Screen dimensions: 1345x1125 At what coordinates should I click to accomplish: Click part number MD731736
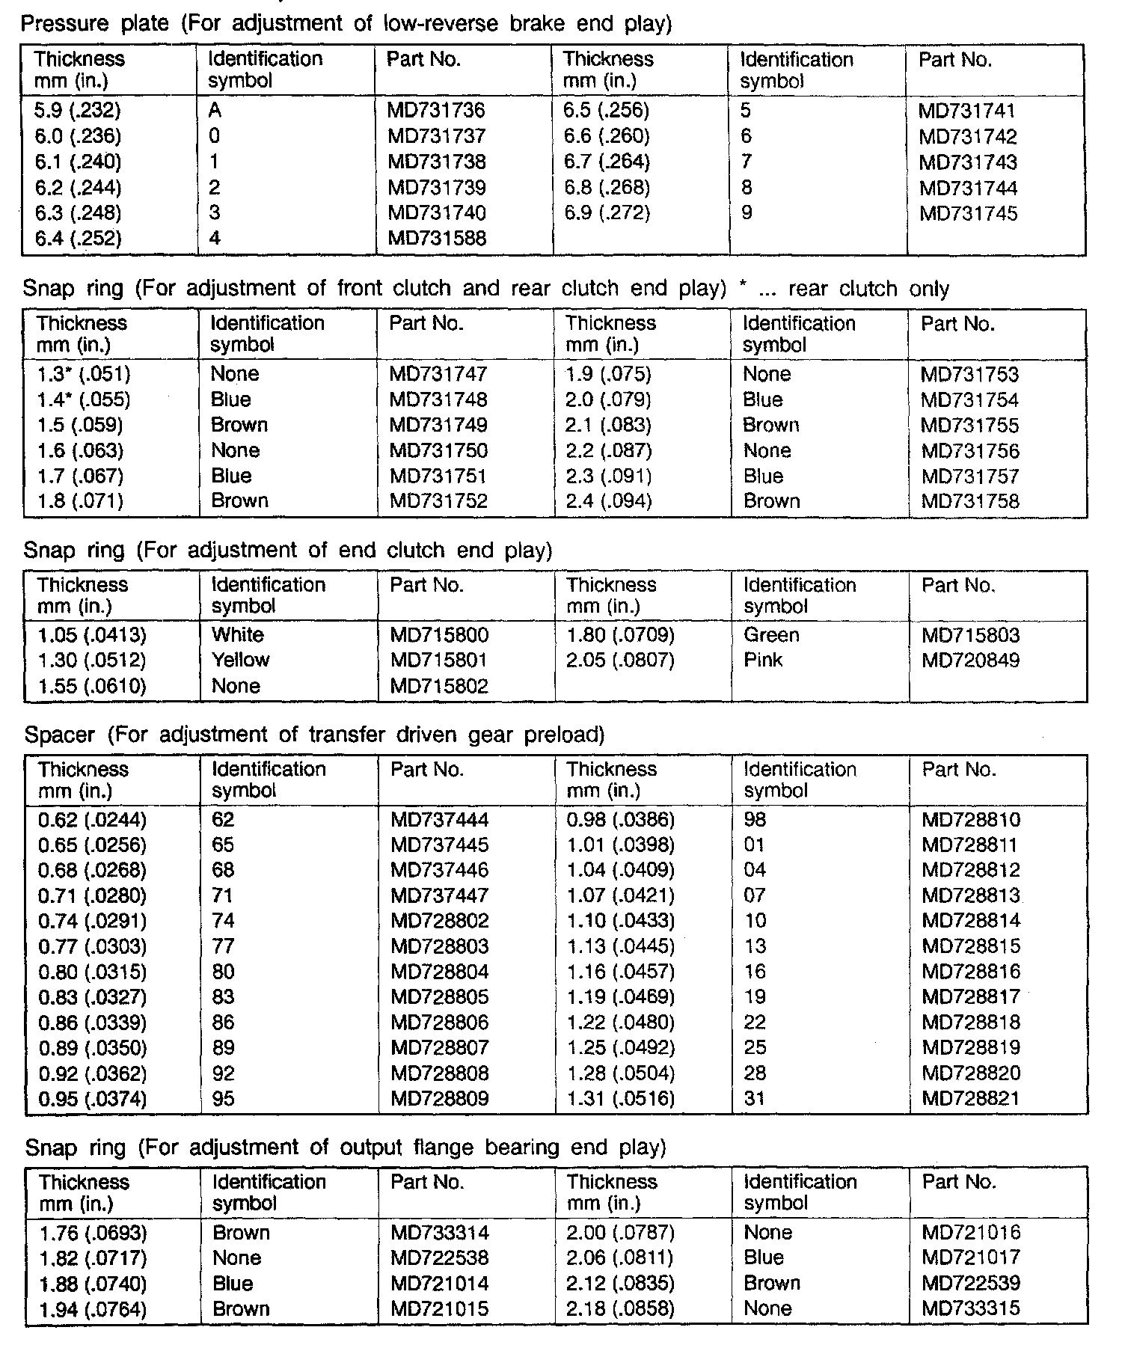click(436, 111)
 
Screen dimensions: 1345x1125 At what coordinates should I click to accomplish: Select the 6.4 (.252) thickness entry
click(78, 239)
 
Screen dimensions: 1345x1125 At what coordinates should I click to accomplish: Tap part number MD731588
click(437, 239)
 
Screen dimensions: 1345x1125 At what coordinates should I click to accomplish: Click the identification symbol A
click(215, 111)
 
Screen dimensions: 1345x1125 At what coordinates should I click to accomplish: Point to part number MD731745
click(969, 214)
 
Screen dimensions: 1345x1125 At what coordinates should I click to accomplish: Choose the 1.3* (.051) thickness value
click(84, 374)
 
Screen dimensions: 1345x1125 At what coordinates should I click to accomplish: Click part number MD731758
click(970, 501)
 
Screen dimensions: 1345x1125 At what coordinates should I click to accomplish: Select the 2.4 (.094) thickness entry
click(609, 501)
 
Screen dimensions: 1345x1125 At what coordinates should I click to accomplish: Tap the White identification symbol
click(238, 635)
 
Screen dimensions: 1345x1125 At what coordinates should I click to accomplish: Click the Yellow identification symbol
click(240, 660)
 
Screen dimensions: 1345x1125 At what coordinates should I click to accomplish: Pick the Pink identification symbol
click(763, 660)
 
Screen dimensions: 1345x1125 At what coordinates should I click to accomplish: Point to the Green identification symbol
click(771, 635)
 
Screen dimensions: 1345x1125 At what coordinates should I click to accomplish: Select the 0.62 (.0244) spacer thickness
click(93, 820)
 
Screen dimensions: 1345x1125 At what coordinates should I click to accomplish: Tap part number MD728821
click(971, 1099)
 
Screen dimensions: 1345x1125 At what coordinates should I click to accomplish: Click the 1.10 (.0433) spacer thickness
click(621, 921)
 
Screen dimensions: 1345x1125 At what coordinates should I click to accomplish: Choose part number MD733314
click(439, 1233)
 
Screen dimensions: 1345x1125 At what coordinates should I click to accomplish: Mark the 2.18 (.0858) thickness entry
click(621, 1309)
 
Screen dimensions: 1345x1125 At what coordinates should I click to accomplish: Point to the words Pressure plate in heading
click(95, 24)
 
